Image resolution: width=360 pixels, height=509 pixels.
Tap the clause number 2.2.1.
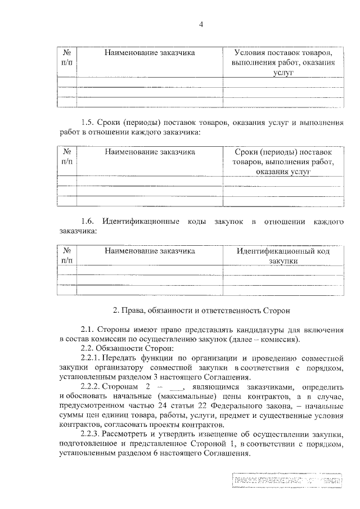point(93,358)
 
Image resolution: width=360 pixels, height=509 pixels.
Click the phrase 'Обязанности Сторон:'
point(123,349)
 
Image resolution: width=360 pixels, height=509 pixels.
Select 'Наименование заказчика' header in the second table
point(149,152)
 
